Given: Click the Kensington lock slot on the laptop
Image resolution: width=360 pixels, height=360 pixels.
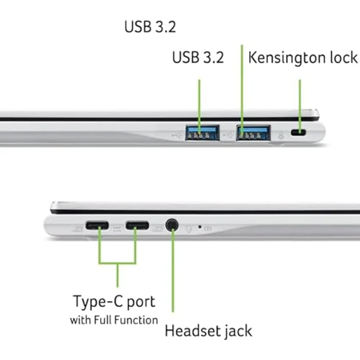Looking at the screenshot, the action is click(x=298, y=133).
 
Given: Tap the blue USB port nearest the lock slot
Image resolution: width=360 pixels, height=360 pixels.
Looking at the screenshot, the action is click(x=253, y=133).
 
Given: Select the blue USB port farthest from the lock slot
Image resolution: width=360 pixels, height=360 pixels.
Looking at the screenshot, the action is click(x=202, y=133).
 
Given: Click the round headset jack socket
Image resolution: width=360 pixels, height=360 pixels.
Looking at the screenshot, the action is click(x=172, y=225).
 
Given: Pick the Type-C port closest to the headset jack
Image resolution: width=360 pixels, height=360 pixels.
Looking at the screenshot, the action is click(x=137, y=225).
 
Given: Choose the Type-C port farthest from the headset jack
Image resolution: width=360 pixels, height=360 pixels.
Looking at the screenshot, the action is click(x=97, y=225).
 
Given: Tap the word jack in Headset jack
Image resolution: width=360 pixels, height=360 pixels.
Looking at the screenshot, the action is click(x=238, y=332).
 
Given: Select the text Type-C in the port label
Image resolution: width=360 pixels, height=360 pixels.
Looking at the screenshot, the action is click(x=98, y=301).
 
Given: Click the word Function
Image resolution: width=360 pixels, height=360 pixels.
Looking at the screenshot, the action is click(x=136, y=320).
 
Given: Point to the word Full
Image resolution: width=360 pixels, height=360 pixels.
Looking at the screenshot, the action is click(x=103, y=320).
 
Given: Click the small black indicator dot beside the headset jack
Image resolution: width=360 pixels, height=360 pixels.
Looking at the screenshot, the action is click(x=200, y=227).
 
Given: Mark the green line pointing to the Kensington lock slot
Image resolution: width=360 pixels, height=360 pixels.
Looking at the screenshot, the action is click(x=300, y=106).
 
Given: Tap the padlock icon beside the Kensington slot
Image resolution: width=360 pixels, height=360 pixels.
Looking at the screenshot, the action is click(x=281, y=135).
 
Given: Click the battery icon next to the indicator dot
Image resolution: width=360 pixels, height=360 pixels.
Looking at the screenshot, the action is click(x=208, y=228).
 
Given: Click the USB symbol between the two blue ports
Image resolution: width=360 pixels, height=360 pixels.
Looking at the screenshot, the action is click(x=228, y=135).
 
